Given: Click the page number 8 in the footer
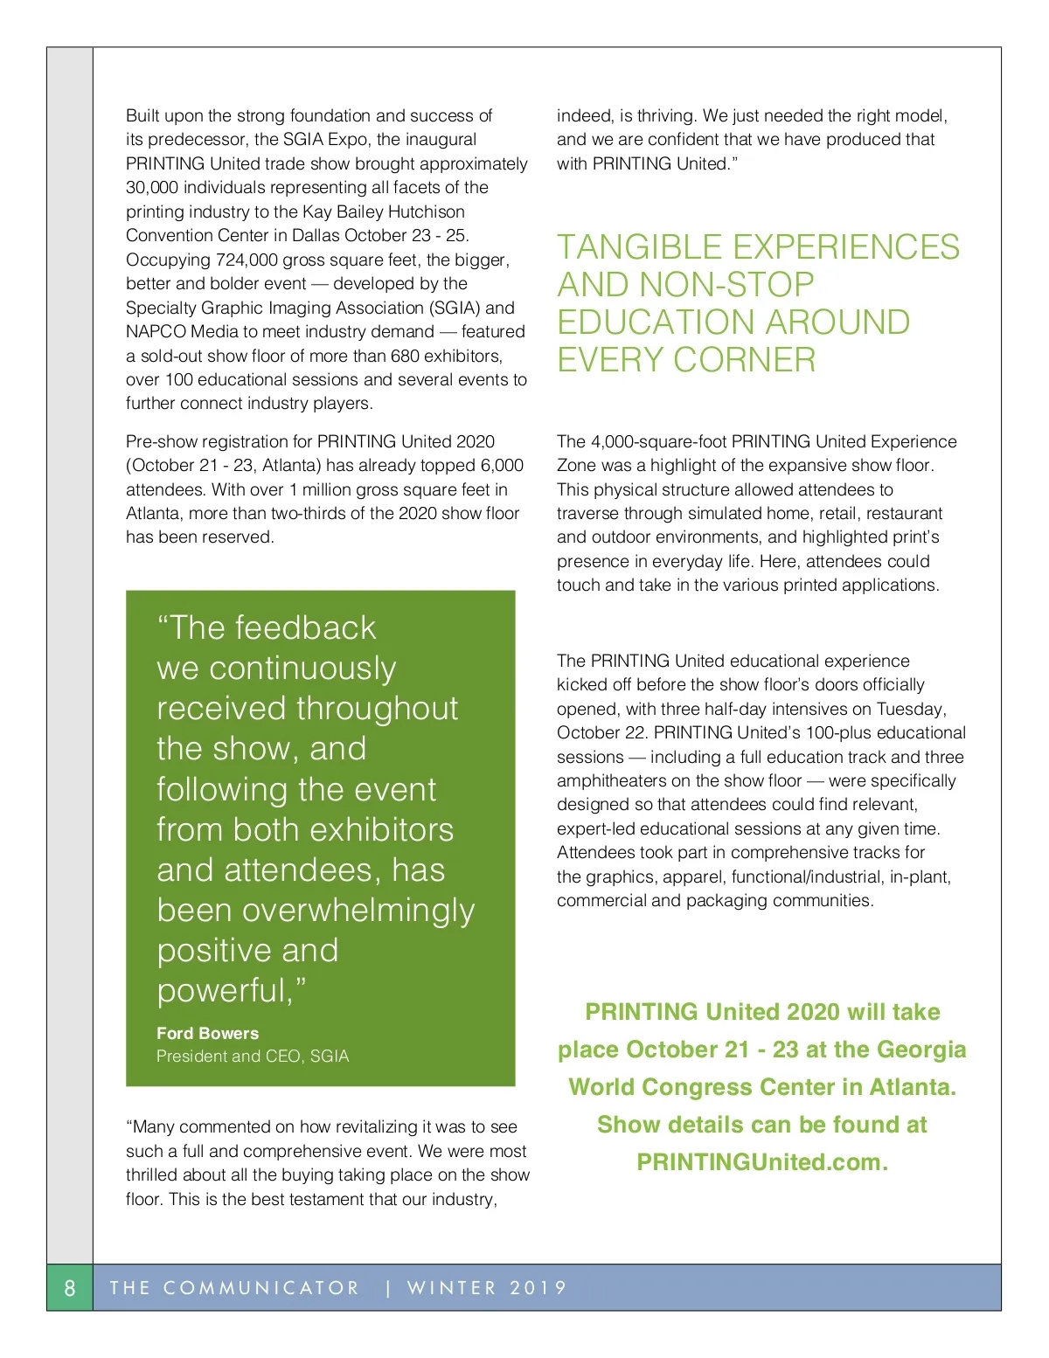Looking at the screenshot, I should [70, 1287].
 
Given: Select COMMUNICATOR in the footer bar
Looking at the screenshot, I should [261, 1287].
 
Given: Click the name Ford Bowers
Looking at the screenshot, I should [207, 1033].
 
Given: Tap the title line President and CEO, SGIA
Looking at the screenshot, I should [253, 1056].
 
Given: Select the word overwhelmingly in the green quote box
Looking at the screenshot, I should [358, 911].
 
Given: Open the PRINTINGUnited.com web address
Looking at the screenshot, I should [761, 1162].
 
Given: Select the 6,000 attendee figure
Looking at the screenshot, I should [502, 466].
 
